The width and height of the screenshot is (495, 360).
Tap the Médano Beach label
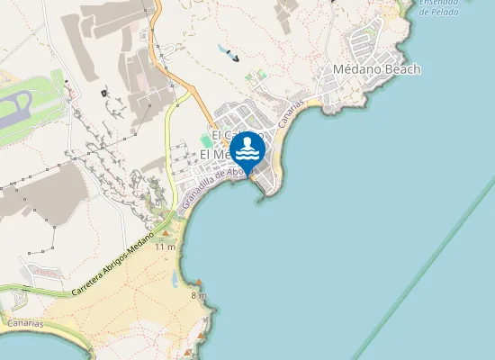coord(376,69)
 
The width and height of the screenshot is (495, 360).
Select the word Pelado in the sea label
coord(439,13)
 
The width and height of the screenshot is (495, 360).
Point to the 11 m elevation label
coord(165,247)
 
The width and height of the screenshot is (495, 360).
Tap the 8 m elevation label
coord(199,295)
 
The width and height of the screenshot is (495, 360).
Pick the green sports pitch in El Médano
coord(206,141)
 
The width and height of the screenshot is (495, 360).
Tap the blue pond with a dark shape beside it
coord(222,49)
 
